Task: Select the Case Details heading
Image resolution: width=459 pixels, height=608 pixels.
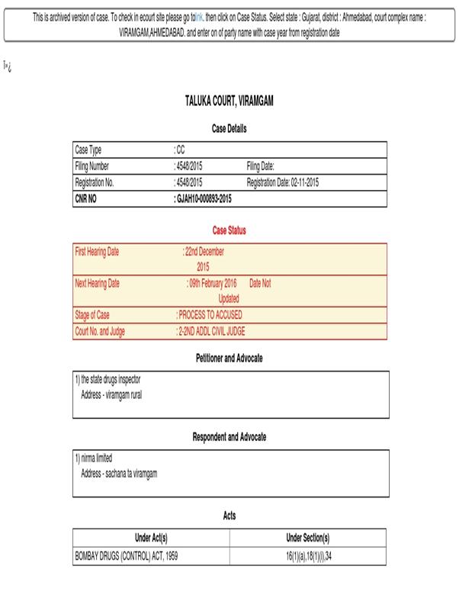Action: (229, 129)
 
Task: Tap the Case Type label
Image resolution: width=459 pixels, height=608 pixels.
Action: (88, 150)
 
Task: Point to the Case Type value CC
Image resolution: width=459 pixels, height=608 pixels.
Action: (179, 150)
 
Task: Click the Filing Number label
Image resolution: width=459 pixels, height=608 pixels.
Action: (92, 166)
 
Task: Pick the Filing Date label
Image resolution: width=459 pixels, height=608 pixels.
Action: (260, 166)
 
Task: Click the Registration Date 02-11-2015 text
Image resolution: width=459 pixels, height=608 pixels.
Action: (283, 182)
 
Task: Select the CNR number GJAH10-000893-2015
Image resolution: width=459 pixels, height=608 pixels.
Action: (203, 198)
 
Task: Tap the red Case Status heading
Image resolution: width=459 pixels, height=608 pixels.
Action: (229, 230)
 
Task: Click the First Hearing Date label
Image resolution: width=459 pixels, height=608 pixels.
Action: (97, 252)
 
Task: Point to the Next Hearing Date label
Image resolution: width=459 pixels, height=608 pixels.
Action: (97, 283)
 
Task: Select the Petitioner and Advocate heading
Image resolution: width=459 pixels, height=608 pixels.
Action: (229, 358)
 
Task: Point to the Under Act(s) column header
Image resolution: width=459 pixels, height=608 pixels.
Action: (151, 538)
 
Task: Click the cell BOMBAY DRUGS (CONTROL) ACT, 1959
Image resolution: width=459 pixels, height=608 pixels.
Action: (129, 556)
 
